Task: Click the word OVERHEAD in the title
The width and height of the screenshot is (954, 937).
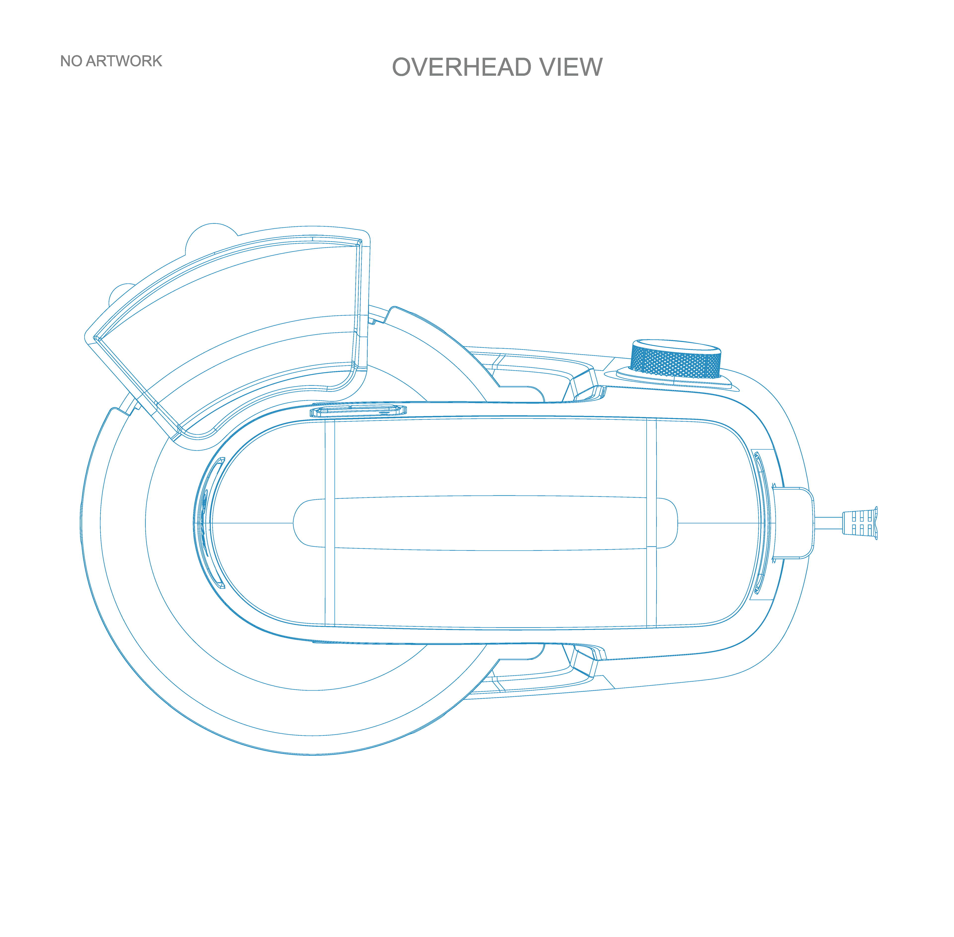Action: (x=461, y=67)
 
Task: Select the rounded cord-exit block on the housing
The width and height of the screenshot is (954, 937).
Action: (x=793, y=523)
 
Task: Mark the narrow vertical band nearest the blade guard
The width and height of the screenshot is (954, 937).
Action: (x=329, y=523)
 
